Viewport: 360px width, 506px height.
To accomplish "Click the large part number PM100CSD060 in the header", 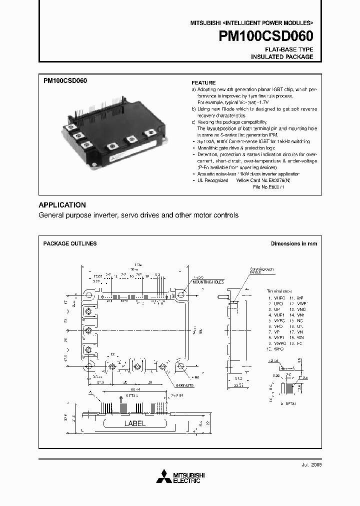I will pyautogui.click(x=265, y=37).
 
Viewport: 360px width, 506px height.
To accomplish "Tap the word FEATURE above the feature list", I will pyautogui.click(x=203, y=82).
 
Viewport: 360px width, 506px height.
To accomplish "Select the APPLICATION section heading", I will pyautogui.click(x=62, y=205).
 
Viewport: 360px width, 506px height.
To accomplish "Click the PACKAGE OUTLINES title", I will pyautogui.click(x=70, y=243).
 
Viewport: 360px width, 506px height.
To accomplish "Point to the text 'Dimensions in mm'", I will pyautogui.click(x=294, y=243).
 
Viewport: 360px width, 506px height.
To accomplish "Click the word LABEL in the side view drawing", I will pyautogui.click(x=134, y=423).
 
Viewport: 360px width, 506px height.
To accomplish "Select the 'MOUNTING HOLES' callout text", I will pyautogui.click(x=205, y=281).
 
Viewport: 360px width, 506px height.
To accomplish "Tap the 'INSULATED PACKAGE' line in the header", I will pyautogui.click(x=282, y=57).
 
